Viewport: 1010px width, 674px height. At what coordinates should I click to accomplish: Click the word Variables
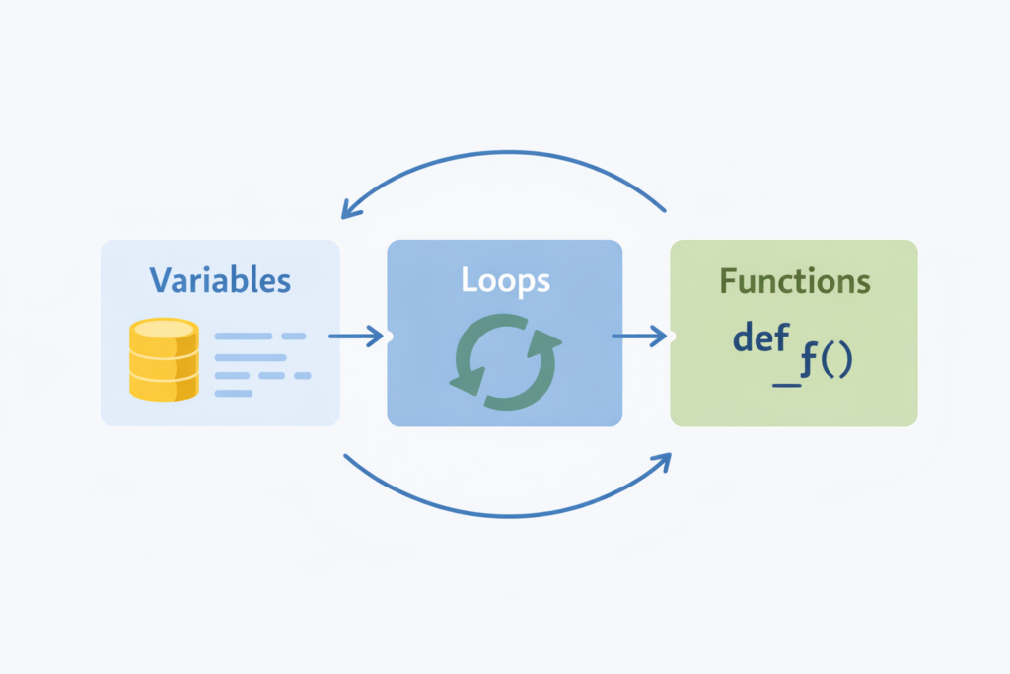[220, 280]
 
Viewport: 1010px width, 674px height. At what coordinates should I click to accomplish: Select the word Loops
[505, 280]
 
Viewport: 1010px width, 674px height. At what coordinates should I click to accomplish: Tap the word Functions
[794, 281]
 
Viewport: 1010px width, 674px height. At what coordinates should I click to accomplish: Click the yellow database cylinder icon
[164, 359]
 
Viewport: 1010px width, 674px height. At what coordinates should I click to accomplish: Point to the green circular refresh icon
[505, 361]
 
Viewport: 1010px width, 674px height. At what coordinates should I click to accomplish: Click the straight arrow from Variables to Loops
[356, 337]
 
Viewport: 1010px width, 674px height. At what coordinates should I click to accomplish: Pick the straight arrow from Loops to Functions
[639, 337]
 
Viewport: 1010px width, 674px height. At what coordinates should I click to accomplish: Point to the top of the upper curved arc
[505, 152]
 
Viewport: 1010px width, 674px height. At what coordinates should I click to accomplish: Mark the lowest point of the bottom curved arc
[505, 515]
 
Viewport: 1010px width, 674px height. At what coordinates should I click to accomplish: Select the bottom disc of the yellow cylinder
[164, 387]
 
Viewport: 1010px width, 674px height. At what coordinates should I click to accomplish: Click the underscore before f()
[786, 382]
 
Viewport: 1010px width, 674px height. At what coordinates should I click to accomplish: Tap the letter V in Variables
[161, 280]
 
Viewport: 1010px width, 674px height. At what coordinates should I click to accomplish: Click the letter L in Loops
[469, 280]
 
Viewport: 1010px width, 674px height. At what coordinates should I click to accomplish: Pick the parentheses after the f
[836, 363]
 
